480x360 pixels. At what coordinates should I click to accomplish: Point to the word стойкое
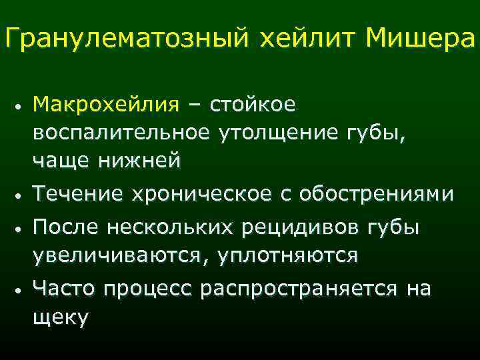pyautogui.click(x=254, y=105)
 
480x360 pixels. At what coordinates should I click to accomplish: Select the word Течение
pyautogui.click(x=79, y=194)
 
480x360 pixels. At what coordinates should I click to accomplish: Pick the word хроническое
pyautogui.click(x=201, y=194)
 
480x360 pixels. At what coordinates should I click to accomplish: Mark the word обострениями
pyautogui.click(x=377, y=194)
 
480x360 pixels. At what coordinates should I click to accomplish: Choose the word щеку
pyautogui.click(x=60, y=318)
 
